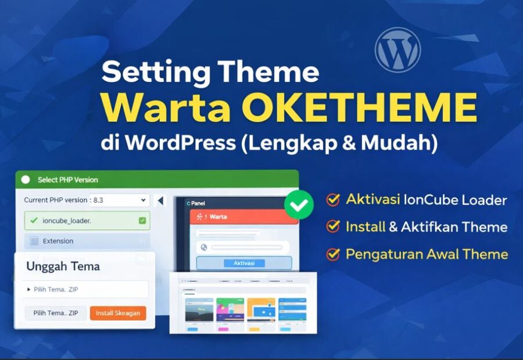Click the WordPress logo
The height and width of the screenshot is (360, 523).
tap(397, 50)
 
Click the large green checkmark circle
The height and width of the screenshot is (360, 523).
tap(299, 204)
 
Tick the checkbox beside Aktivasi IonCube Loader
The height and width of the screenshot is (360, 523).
tap(333, 200)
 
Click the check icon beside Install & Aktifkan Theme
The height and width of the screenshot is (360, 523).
tap(333, 227)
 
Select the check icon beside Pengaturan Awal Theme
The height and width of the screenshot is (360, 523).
tap(333, 254)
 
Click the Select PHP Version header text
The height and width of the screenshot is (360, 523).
tap(68, 179)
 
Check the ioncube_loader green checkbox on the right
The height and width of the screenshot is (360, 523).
tap(142, 221)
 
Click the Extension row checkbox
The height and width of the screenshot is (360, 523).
tap(34, 241)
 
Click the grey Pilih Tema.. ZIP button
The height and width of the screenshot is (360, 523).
tap(55, 313)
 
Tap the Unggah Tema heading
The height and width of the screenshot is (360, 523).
tap(63, 267)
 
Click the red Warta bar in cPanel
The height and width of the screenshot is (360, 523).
tap(243, 217)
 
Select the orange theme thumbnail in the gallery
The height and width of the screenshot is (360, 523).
tap(260, 309)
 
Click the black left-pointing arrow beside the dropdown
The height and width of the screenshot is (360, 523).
tap(160, 200)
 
